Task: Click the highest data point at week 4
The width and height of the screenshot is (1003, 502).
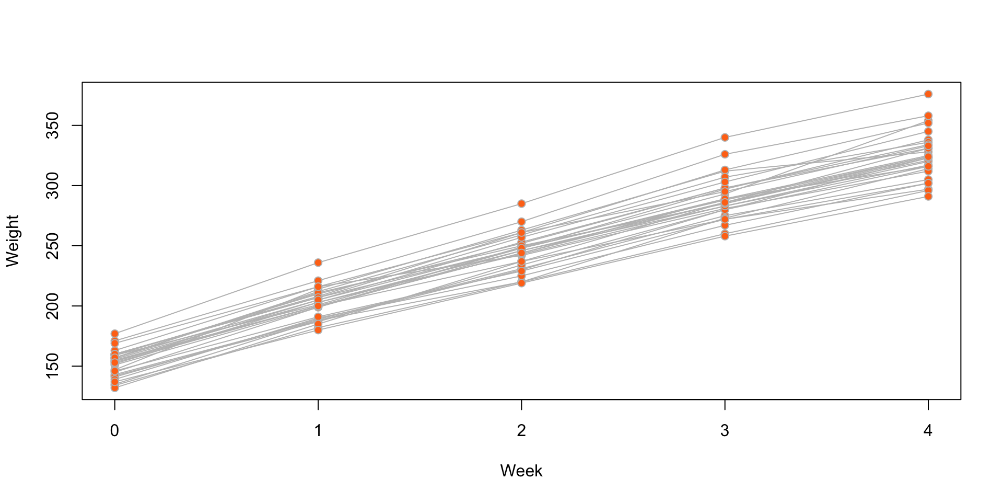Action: (x=928, y=94)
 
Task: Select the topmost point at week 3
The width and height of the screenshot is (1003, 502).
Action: (x=725, y=138)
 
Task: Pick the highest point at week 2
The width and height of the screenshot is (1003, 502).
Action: (x=521, y=203)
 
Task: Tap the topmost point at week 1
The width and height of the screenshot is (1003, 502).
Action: (x=318, y=263)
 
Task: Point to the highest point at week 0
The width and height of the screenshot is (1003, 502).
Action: (x=115, y=334)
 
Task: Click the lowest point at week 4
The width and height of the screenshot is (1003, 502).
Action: (x=928, y=197)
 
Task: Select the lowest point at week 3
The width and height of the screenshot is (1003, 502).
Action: (x=725, y=236)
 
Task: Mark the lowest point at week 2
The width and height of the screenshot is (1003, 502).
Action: (x=521, y=283)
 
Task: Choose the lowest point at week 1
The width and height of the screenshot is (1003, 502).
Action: (x=318, y=330)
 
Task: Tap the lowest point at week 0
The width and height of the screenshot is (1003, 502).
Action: (x=115, y=387)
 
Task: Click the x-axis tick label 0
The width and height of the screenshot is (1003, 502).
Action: (x=115, y=431)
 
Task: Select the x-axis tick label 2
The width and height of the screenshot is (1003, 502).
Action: (x=521, y=431)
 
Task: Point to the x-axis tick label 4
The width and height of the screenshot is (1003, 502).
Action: (x=928, y=431)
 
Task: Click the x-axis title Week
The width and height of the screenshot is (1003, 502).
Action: (x=521, y=471)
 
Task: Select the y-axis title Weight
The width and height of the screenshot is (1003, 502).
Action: (x=13, y=241)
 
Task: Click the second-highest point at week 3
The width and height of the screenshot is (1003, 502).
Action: (x=725, y=154)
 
